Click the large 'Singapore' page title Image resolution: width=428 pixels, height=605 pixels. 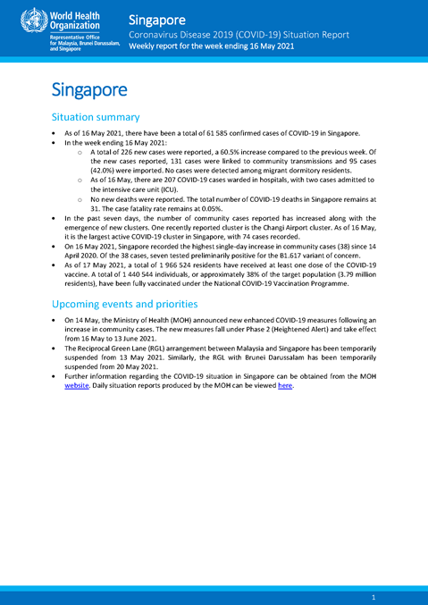pyautogui.click(x=88, y=90)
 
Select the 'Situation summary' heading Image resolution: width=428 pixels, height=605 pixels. pyautogui.click(x=96, y=117)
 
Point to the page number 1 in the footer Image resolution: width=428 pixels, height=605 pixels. pyautogui.click(x=373, y=595)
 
